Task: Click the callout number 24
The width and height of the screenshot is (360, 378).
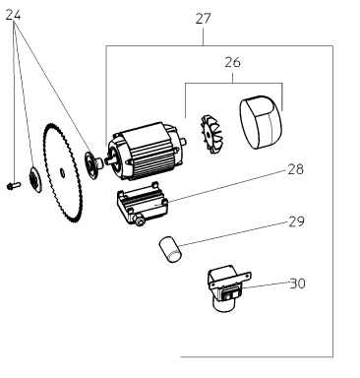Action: coord(14,15)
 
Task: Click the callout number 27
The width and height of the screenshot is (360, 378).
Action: coord(203,19)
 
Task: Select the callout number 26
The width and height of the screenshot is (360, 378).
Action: coord(232,62)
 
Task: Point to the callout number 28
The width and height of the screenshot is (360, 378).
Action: coord(295,169)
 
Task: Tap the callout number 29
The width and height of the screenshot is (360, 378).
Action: coord(296,221)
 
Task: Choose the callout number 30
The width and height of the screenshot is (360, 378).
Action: coord(298,283)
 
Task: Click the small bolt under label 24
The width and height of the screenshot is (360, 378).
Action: coord(14,186)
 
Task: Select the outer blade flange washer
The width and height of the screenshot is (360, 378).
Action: coord(34,179)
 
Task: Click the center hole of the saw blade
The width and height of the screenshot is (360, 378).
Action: coord(62,172)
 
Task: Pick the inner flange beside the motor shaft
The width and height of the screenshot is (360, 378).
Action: coord(91,161)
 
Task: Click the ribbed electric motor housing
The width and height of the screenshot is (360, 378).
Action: coord(146,151)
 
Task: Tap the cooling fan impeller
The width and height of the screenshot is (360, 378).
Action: coord(210,134)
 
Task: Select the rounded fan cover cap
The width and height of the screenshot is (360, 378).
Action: coord(261,122)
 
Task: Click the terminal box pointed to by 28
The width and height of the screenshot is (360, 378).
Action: coord(141,204)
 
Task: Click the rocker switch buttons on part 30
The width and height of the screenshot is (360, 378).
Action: coord(229,295)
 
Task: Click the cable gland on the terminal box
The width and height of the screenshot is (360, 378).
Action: coord(140,221)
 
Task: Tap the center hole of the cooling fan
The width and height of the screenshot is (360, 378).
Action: coord(208,134)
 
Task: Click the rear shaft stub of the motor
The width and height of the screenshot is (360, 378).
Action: coord(184,142)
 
